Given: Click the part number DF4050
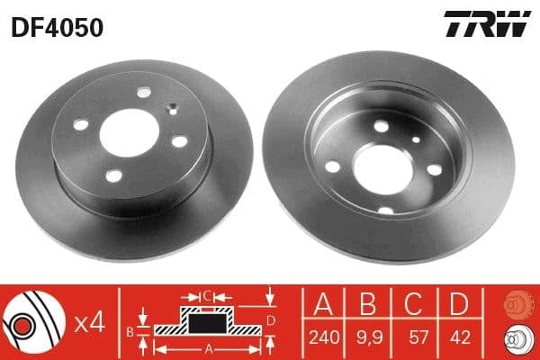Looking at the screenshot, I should [x=57, y=28].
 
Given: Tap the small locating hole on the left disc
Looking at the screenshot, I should [x=171, y=111].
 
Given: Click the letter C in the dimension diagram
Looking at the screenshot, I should [x=206, y=293].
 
